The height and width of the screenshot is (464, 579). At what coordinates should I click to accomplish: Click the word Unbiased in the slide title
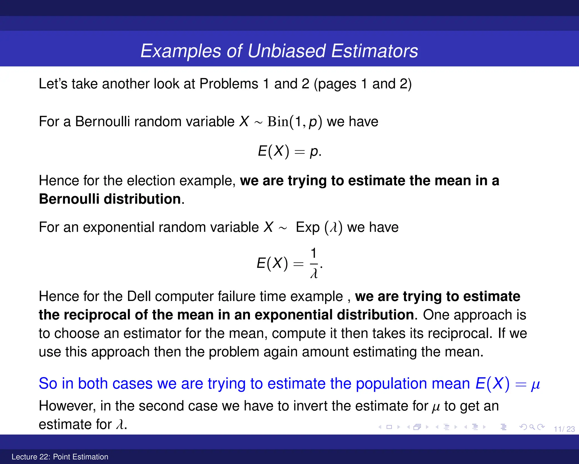[286, 51]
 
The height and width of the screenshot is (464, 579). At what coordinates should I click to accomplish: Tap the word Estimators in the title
[374, 51]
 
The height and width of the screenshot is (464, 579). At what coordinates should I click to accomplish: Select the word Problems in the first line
[229, 84]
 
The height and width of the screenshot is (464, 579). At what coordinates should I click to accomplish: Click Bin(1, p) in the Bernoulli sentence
[295, 122]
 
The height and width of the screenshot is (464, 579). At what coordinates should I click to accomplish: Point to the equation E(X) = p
[289, 151]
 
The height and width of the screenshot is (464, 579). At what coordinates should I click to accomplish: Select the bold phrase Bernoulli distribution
[110, 199]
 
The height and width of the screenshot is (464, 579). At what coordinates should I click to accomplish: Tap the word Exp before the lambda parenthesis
[308, 227]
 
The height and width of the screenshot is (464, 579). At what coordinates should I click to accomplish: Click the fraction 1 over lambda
[314, 263]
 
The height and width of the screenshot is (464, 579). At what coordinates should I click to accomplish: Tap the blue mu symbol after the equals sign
[535, 385]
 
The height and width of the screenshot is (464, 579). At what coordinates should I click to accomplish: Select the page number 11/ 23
[564, 429]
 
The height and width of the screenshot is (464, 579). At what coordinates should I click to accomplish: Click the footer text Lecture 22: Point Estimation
[60, 457]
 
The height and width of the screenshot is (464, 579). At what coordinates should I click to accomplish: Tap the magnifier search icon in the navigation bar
[532, 427]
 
